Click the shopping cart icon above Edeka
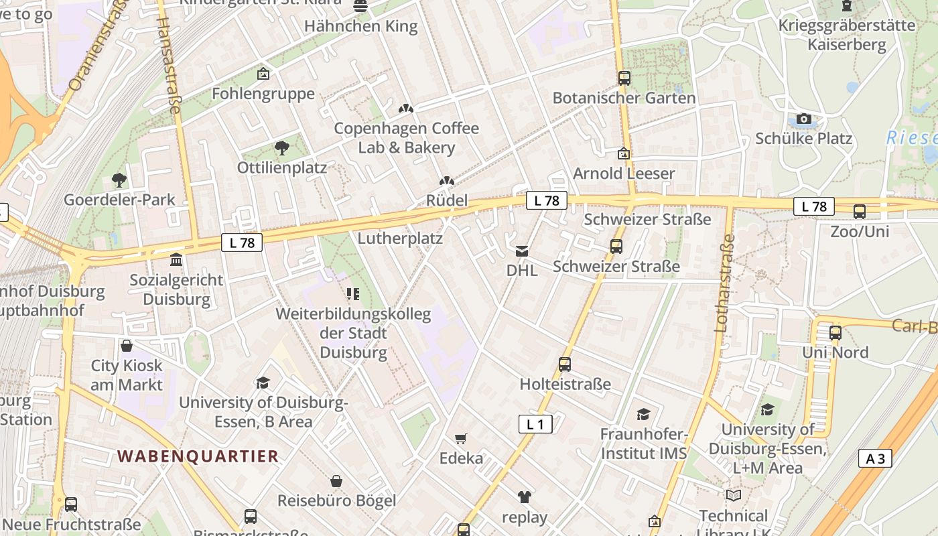click(x=460, y=439)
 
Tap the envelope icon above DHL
click(x=521, y=251)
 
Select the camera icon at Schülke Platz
click(x=804, y=119)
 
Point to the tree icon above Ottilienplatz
click(x=282, y=147)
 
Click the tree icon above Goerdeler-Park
click(x=119, y=180)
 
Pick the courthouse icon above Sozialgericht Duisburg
click(x=176, y=259)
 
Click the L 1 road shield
click(x=535, y=423)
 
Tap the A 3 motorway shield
click(x=875, y=458)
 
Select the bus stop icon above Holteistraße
click(x=565, y=364)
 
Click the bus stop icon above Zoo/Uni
click(x=860, y=212)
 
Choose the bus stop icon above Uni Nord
click(x=835, y=332)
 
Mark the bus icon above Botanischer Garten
click(x=624, y=78)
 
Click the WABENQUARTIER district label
click(x=198, y=456)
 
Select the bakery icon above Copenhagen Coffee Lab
click(x=405, y=109)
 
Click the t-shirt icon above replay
click(x=524, y=497)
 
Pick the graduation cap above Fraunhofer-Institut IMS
click(x=643, y=415)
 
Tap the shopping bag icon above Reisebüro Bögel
click(x=336, y=481)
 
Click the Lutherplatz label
click(x=400, y=238)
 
